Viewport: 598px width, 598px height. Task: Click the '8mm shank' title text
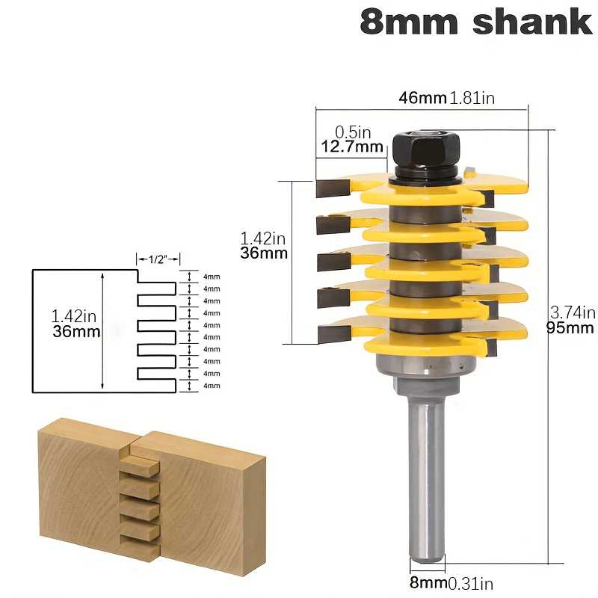coord(475,22)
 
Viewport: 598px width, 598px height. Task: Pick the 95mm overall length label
coord(572,328)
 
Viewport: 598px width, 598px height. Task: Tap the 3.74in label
coord(572,312)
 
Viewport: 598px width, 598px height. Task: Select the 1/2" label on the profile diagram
coord(158,259)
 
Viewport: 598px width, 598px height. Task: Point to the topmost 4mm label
coord(212,277)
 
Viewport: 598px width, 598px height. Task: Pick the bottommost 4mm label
coord(212,385)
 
